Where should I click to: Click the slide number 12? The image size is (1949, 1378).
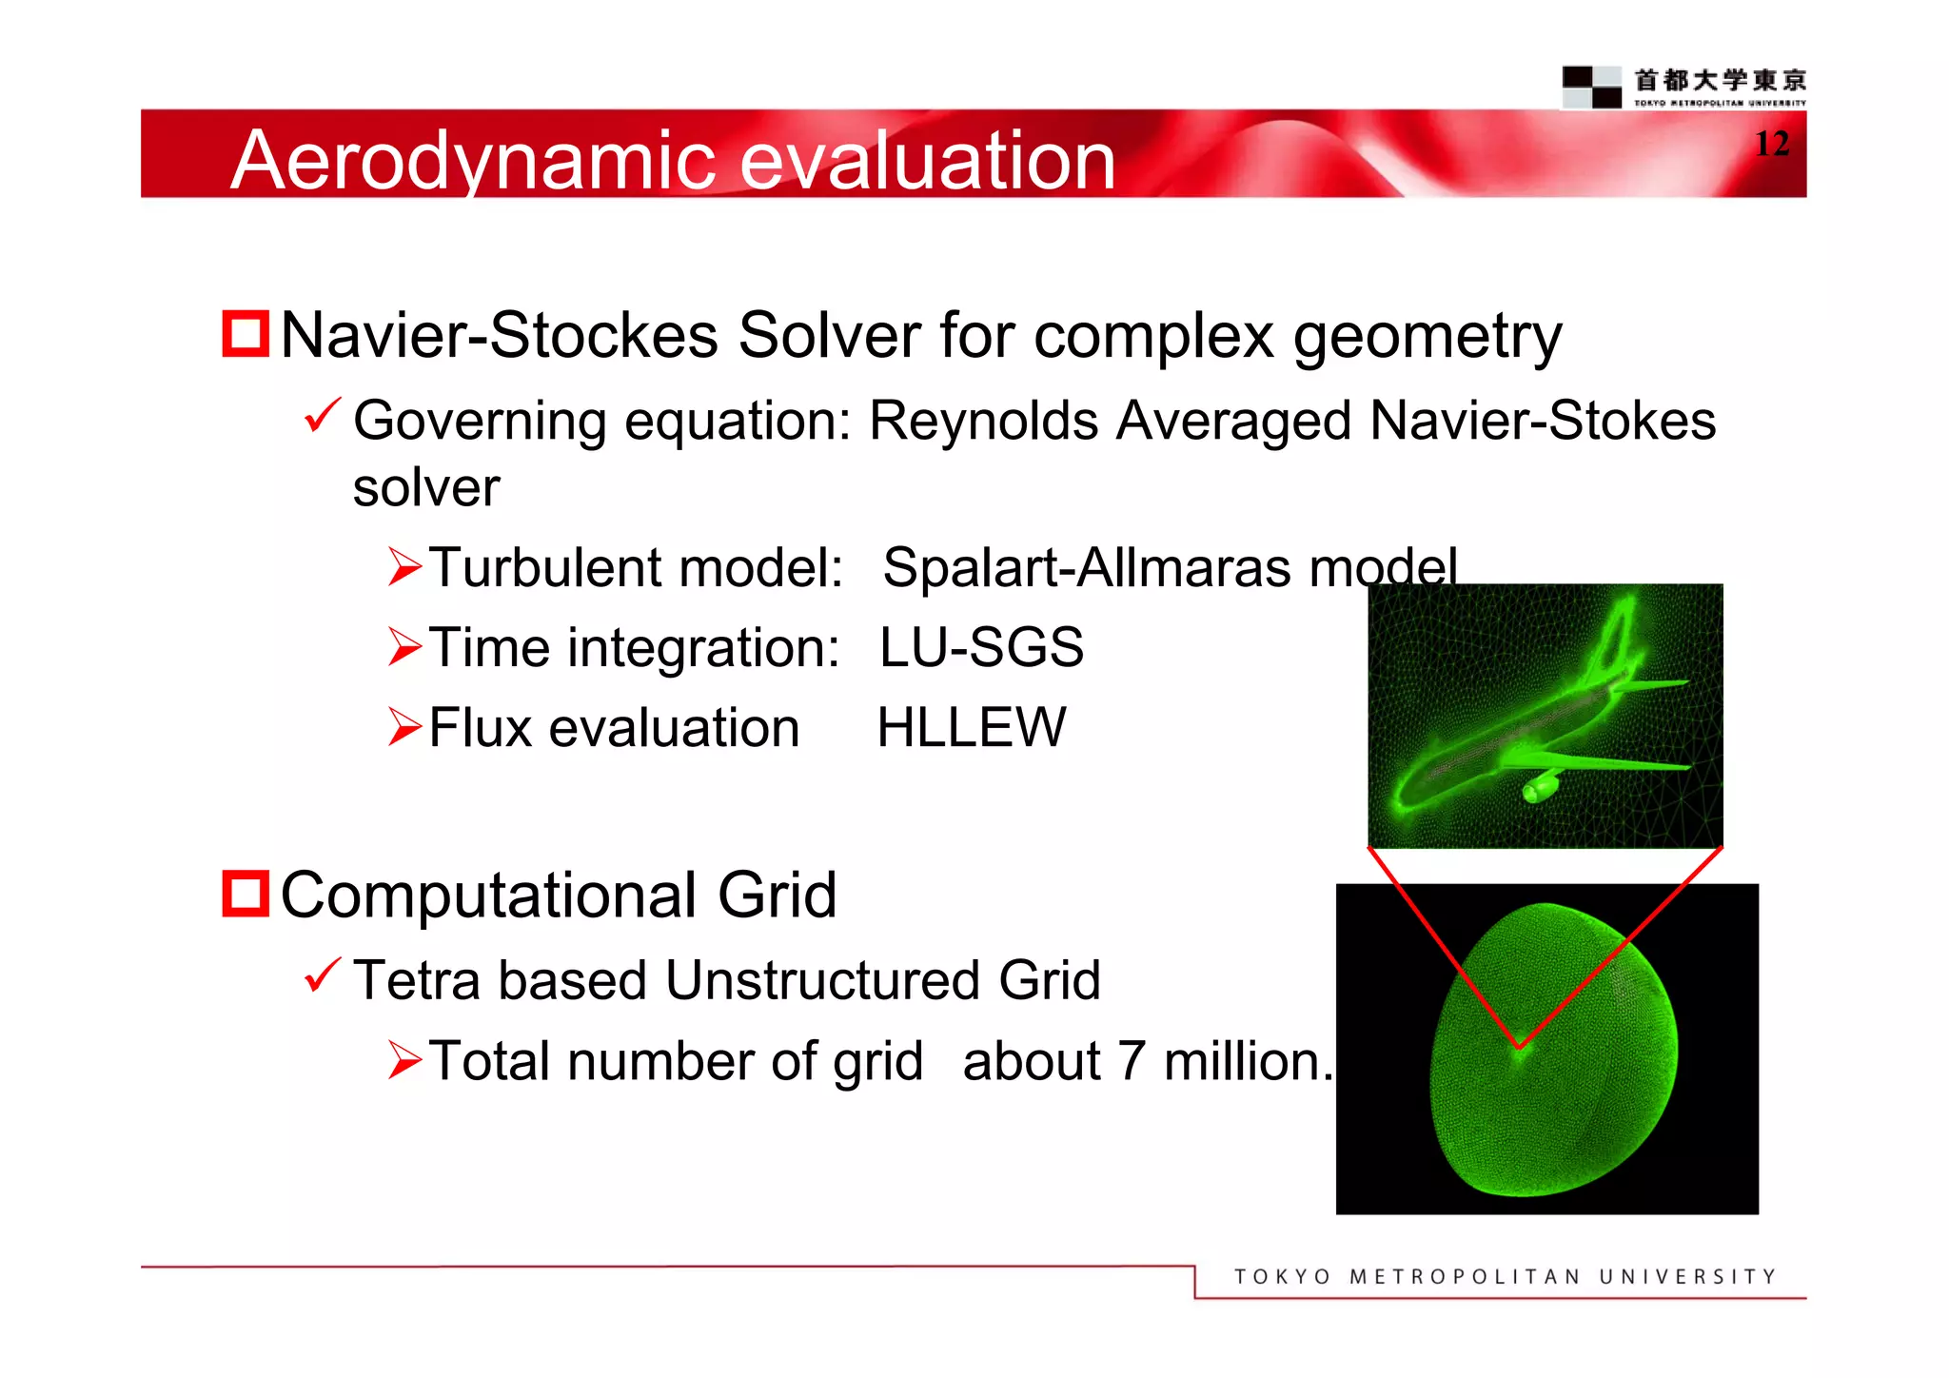point(1771,144)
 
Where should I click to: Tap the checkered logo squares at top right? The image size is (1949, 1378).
point(1591,87)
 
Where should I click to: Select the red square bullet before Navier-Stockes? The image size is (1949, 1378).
point(246,334)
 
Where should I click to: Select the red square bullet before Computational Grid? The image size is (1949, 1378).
point(246,894)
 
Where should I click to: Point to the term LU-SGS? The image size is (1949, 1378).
point(981,647)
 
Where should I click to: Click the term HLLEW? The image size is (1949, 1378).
point(972,728)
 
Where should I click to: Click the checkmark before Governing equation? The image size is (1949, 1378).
point(322,416)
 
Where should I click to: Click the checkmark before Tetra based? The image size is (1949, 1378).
point(322,975)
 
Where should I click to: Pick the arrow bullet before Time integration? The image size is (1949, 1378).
point(404,647)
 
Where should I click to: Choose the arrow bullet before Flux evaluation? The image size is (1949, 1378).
point(404,728)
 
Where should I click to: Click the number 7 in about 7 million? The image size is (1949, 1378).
point(1131,1061)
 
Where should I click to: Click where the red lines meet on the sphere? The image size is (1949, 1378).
point(1519,1047)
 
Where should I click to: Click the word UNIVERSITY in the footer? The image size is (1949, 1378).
point(1687,1276)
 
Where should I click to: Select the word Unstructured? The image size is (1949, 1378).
point(822,980)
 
